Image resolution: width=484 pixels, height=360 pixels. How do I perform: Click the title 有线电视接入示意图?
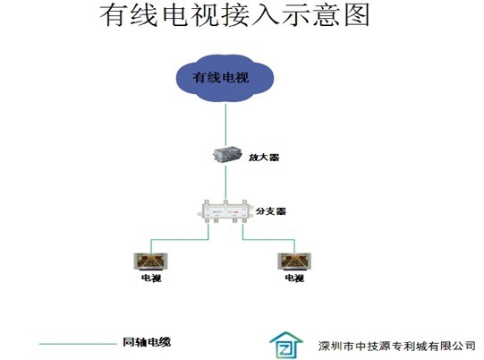point(234,15)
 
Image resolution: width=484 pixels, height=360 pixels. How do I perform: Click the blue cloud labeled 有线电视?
point(225,78)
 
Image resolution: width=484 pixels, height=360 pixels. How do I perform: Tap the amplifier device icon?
point(227,155)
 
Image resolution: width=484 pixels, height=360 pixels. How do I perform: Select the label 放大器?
point(264,158)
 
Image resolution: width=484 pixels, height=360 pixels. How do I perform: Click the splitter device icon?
point(225,211)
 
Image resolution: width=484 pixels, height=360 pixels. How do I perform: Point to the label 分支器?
point(271,211)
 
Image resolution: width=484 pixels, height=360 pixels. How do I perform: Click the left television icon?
point(150,261)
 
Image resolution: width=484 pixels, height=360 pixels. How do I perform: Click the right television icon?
point(294,261)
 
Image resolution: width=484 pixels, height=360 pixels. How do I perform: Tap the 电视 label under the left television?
point(151,279)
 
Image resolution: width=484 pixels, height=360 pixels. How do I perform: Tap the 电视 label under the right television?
point(294,279)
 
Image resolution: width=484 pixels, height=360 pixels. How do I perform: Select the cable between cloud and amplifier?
point(225,125)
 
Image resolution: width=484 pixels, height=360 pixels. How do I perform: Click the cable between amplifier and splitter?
point(225,183)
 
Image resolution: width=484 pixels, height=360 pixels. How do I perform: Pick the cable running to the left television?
point(180,239)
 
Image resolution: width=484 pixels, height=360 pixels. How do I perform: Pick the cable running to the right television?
point(268,239)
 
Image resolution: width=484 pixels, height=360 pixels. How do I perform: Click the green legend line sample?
point(78,344)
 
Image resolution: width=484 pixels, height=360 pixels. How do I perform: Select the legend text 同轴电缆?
point(147,342)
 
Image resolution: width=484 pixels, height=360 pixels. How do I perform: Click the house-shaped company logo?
point(286,345)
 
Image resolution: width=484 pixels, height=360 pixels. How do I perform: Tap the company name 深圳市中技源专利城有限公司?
point(396,346)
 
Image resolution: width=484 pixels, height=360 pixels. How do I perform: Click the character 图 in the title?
point(357,15)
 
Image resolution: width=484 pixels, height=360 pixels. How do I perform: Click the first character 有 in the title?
point(113,15)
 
